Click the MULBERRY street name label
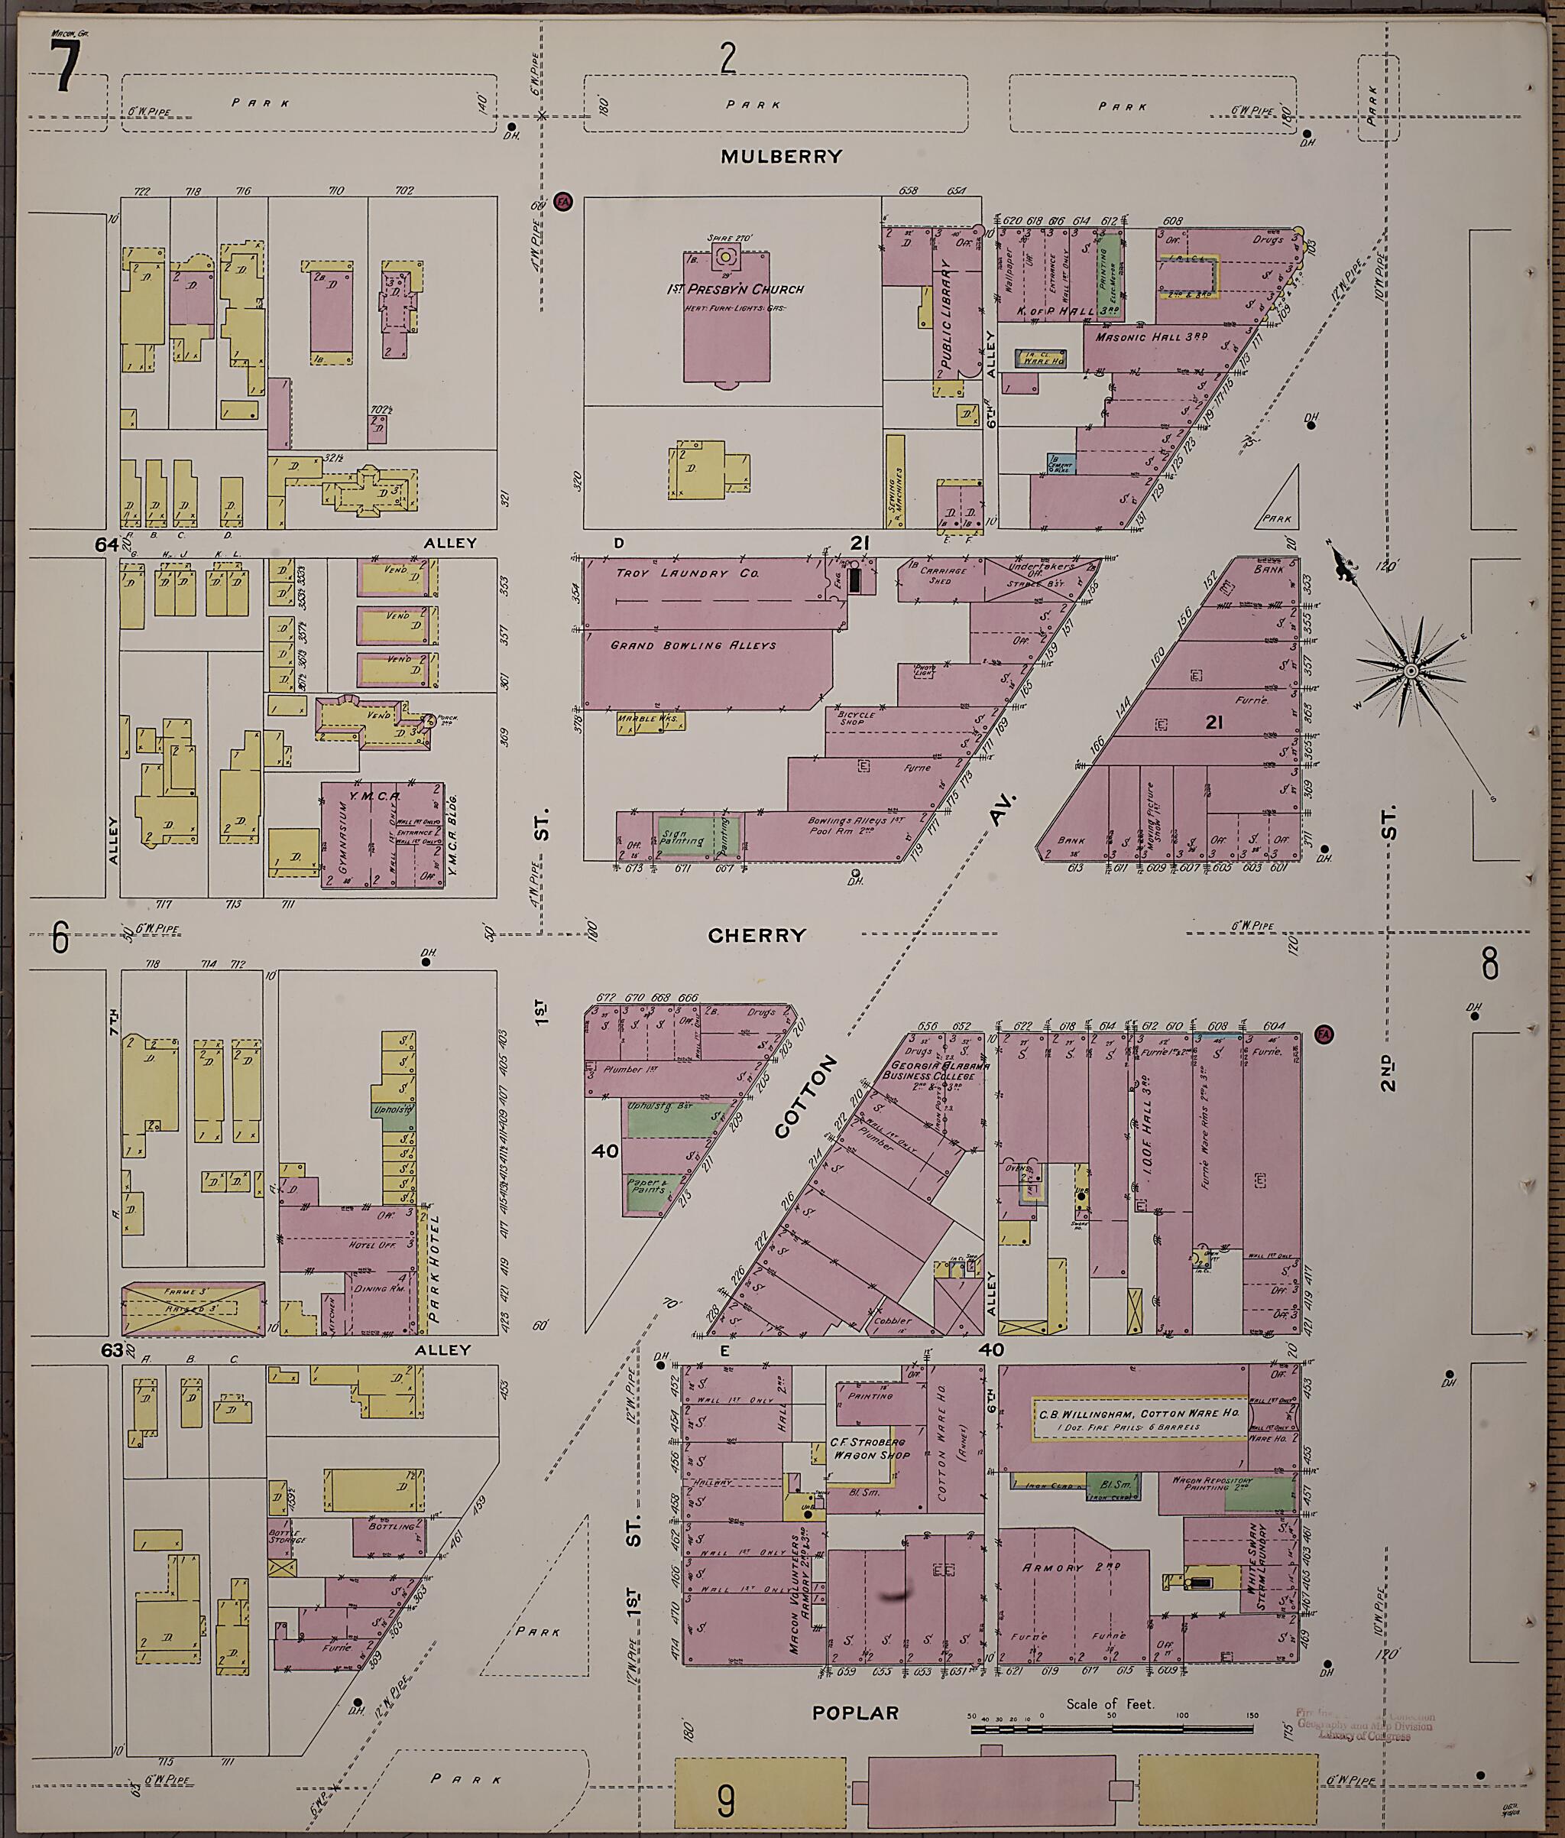coord(781,157)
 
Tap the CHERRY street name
coord(757,935)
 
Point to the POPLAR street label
coord(856,1713)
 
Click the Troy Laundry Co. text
coord(687,574)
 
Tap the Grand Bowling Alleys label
coord(692,645)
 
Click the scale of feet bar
coord(1113,1729)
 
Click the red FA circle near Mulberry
coord(560,201)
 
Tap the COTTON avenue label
coord(805,1096)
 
